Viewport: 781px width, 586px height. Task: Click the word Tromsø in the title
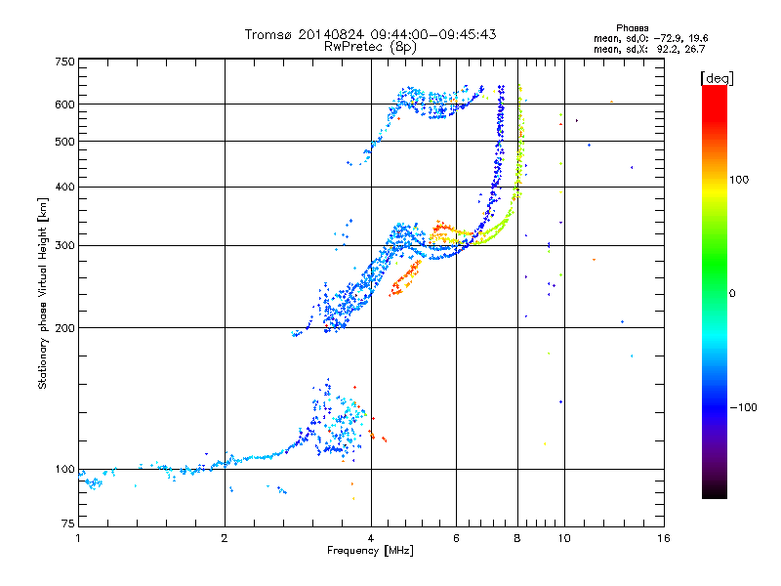point(268,34)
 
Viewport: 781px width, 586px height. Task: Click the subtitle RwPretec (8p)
point(371,47)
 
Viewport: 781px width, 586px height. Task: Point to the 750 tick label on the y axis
point(64,62)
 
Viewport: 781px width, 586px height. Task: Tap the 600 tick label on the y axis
point(64,105)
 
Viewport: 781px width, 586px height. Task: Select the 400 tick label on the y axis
point(64,187)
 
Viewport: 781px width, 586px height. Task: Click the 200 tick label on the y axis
point(64,328)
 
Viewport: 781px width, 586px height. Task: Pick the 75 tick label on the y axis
point(67,523)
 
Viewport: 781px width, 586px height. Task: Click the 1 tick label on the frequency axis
point(78,538)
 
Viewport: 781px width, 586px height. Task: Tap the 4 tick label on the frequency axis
point(371,538)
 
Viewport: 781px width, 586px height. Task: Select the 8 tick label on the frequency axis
point(517,538)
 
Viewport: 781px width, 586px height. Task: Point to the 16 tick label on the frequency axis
point(664,538)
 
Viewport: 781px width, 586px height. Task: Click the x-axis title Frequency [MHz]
point(371,551)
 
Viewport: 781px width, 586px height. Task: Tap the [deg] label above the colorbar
point(717,79)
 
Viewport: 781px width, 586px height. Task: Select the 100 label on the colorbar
point(739,180)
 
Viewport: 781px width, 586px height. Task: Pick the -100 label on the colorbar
point(743,407)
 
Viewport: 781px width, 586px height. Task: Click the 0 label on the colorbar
point(732,294)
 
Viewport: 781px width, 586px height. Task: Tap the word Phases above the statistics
point(632,28)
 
